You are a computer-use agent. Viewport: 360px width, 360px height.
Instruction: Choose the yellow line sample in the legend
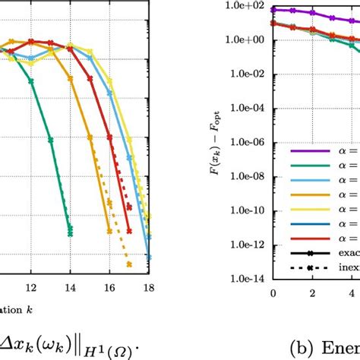303,209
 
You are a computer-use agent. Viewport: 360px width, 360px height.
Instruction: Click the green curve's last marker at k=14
70,235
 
